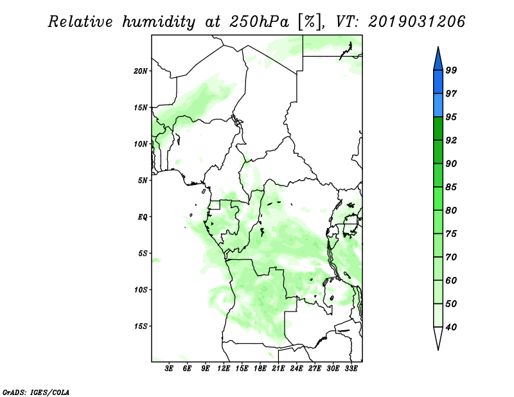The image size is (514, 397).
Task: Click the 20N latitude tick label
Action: pyautogui.click(x=141, y=71)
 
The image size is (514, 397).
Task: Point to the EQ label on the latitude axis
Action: pyautogui.click(x=143, y=216)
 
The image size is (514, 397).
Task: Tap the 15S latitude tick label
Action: pyautogui.click(x=141, y=326)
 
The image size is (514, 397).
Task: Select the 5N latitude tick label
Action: pyautogui.click(x=143, y=180)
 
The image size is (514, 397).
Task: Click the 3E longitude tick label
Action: pyautogui.click(x=170, y=369)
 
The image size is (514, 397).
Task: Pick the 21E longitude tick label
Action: pyautogui.click(x=278, y=369)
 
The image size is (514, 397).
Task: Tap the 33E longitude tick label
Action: pyautogui.click(x=351, y=369)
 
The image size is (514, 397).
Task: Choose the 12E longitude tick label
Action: pyautogui.click(x=224, y=369)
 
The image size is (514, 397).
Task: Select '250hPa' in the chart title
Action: pyautogui.click(x=260, y=22)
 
